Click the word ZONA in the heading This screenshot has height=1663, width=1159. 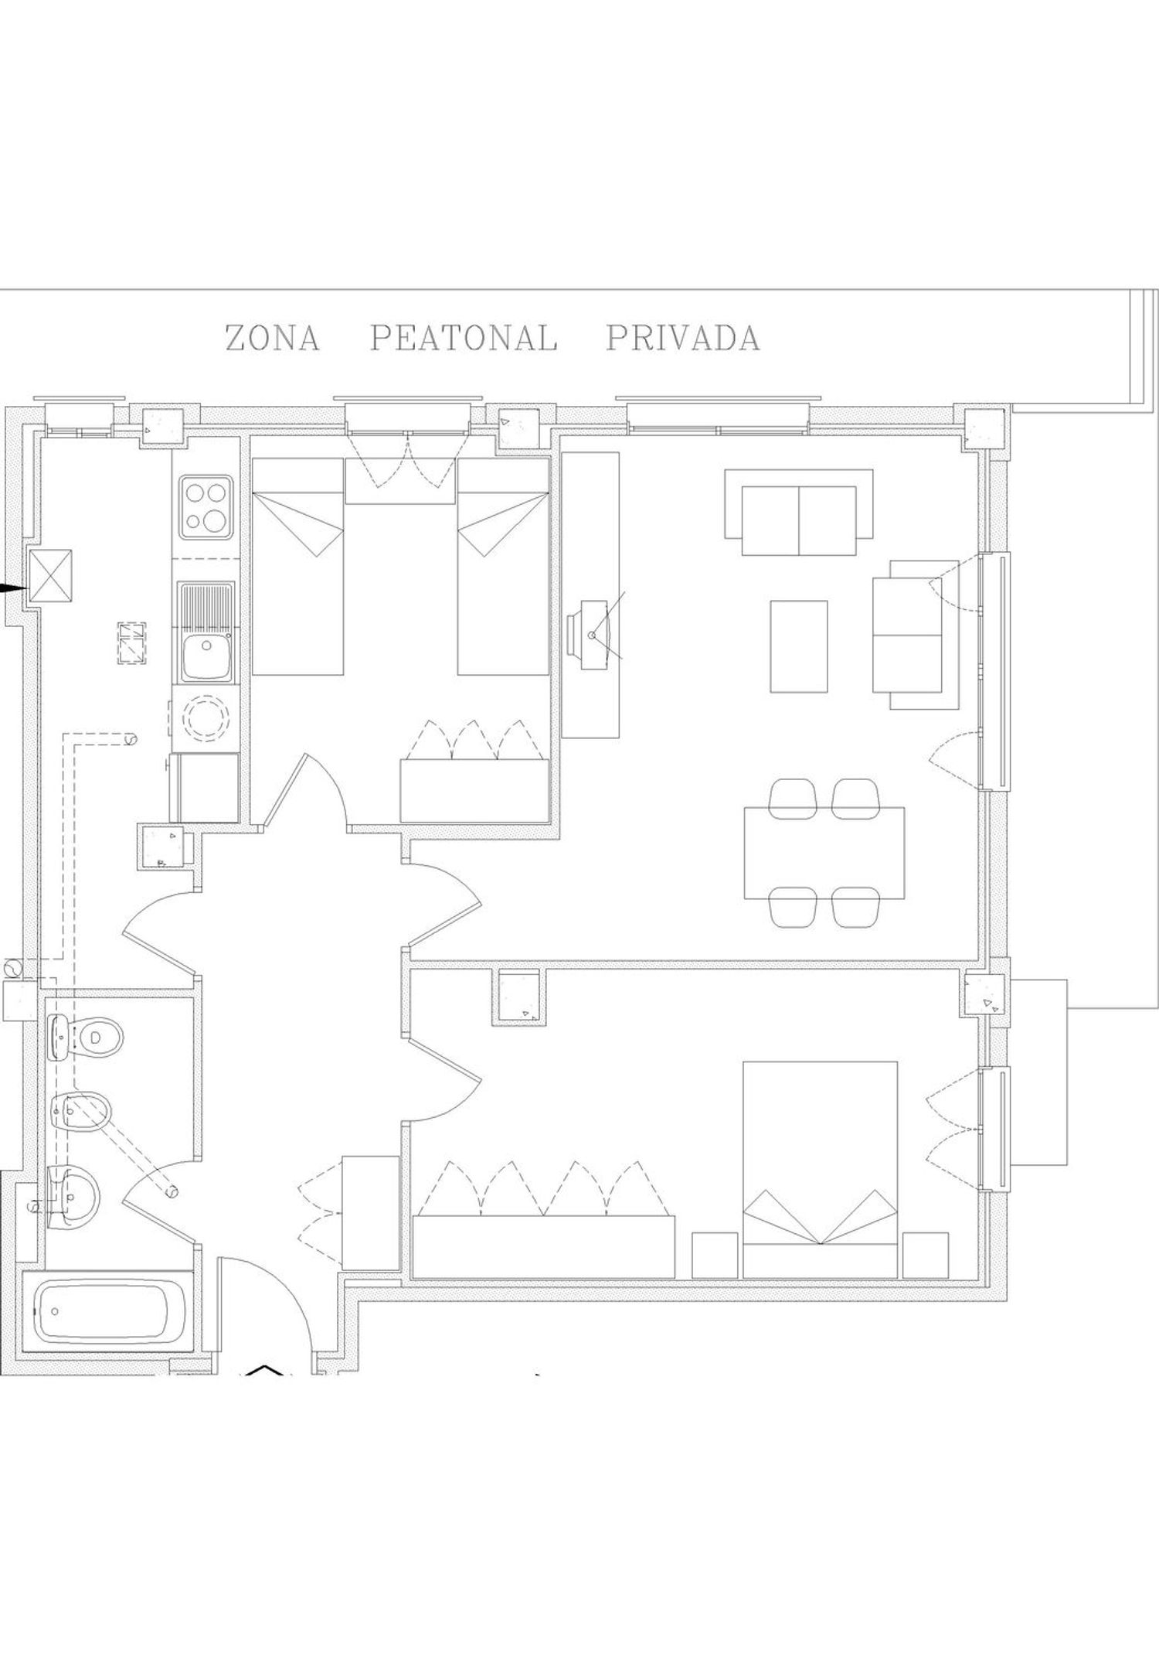(272, 338)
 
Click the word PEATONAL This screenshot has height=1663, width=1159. (464, 338)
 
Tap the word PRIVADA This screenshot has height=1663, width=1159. (683, 338)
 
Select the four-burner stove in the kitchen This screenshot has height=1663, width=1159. (206, 507)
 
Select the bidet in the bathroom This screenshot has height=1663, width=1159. (81, 1113)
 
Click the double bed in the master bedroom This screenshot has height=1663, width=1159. (820, 1169)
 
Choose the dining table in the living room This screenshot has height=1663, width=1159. (824, 853)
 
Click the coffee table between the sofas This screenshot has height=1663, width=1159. (799, 646)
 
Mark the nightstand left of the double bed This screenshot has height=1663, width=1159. (715, 1254)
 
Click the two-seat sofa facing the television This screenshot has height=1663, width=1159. (799, 512)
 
